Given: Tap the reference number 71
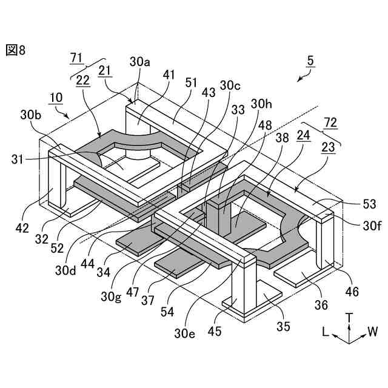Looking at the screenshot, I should (76, 58).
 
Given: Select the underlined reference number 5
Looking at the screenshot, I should (310, 61).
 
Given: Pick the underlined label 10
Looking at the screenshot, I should (56, 97).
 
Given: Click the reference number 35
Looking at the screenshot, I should (284, 326).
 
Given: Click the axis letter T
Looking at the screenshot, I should (349, 317).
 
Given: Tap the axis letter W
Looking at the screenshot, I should (372, 332).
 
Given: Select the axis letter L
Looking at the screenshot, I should (326, 332).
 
